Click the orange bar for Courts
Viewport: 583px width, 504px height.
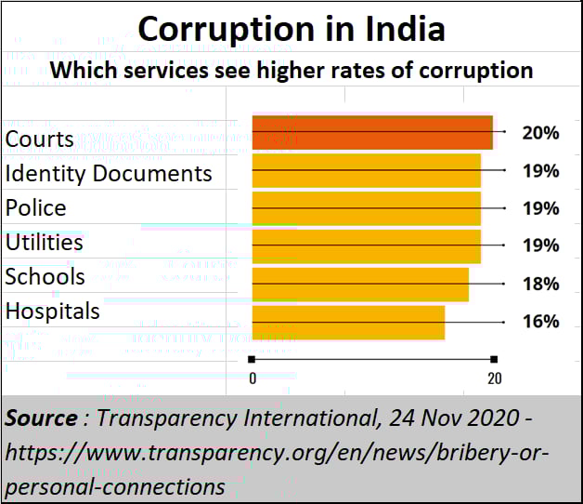pyautogui.click(x=372, y=133)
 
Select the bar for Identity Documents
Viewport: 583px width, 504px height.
pyautogui.click(x=367, y=171)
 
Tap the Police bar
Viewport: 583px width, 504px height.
pyautogui.click(x=367, y=208)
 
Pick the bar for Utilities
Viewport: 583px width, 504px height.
pyautogui.click(x=367, y=245)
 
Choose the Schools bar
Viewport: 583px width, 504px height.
pyautogui.click(x=360, y=284)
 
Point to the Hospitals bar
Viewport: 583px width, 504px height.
pyautogui.click(x=348, y=322)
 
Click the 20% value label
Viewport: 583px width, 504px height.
pyautogui.click(x=540, y=133)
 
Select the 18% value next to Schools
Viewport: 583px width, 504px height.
pyautogui.click(x=540, y=284)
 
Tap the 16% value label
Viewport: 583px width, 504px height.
pyautogui.click(x=540, y=322)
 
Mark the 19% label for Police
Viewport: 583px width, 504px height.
pyautogui.click(x=540, y=208)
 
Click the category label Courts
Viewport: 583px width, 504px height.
pyautogui.click(x=39, y=139)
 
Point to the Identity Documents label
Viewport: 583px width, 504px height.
pyautogui.click(x=109, y=174)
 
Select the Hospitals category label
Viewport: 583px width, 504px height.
pyautogui.click(x=52, y=311)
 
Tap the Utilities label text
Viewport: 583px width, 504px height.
pyautogui.click(x=44, y=243)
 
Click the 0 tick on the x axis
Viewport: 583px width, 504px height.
pyautogui.click(x=253, y=378)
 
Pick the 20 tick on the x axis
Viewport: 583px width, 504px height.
pyautogui.click(x=495, y=378)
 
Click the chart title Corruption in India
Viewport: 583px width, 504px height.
pyautogui.click(x=291, y=29)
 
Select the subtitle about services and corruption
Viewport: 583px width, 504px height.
pyautogui.click(x=291, y=70)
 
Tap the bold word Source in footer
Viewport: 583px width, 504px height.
pyautogui.click(x=41, y=418)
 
